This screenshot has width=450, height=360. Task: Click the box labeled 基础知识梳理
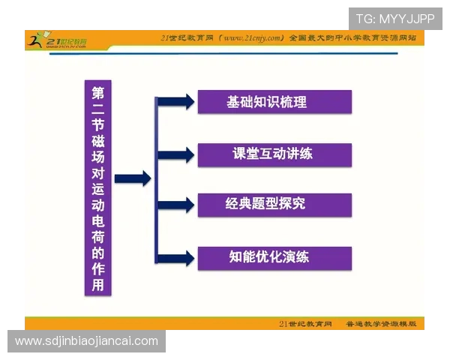coord(274,101)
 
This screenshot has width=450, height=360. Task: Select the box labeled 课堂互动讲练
coord(274,154)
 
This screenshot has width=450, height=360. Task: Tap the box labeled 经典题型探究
coord(274,205)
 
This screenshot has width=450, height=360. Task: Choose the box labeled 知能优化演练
coord(274,257)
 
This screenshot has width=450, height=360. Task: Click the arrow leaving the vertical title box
coord(132,178)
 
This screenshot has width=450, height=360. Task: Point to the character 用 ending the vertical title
coord(98,286)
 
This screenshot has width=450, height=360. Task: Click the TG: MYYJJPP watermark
coord(394,19)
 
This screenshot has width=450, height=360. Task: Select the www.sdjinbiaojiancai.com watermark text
coord(87,341)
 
